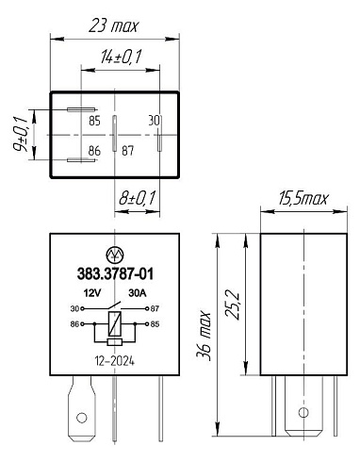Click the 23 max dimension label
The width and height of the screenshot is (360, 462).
coord(113,25)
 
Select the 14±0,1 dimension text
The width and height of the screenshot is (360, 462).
coord(121,57)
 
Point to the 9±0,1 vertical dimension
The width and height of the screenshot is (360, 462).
coord(21,135)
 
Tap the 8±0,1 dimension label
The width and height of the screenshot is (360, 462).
coord(138,198)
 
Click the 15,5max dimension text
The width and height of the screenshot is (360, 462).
coord(303,198)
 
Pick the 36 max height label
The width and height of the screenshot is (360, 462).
coord(204,336)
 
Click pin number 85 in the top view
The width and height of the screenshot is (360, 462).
coord(94,121)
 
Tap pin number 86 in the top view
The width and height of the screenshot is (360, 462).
coord(94,151)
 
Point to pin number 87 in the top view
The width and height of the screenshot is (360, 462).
coord(128,151)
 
